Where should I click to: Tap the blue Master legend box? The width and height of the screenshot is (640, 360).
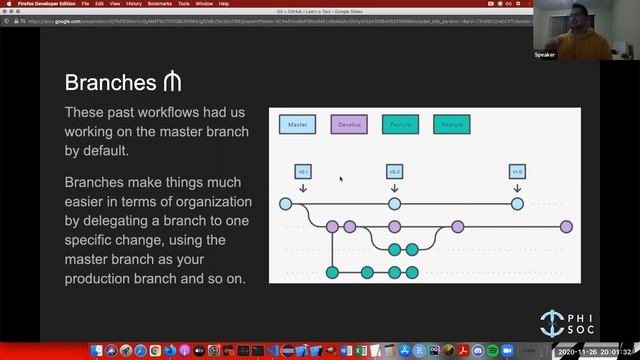[x=297, y=125]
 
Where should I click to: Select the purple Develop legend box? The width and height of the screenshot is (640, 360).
[x=349, y=125]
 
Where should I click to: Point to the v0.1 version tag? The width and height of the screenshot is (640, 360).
[x=303, y=171]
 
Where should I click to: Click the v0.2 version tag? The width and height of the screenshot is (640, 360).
[x=395, y=171]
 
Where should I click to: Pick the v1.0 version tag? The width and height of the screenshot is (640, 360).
[x=517, y=171]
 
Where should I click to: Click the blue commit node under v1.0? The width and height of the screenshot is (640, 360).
[x=517, y=204]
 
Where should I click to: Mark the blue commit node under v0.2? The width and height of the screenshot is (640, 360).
[x=395, y=204]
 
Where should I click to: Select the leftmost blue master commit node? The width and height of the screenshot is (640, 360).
[x=285, y=204]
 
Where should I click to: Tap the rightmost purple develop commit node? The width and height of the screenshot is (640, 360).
[x=566, y=227]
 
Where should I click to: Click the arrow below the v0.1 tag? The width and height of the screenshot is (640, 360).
[x=303, y=187]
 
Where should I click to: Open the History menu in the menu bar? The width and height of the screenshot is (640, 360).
[x=134, y=4]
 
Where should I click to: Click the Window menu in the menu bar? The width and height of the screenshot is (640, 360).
[x=204, y=4]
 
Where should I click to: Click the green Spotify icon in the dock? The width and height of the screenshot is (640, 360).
[x=493, y=351]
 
